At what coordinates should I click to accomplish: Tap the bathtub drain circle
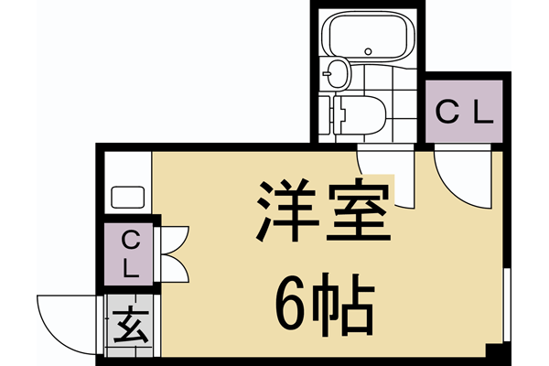coord(368,49)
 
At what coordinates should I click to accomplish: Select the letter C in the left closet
coord(130,242)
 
